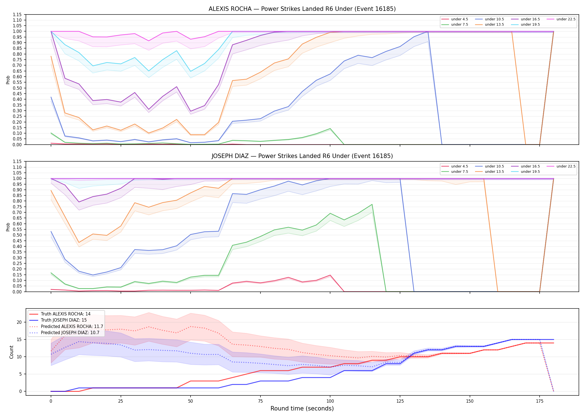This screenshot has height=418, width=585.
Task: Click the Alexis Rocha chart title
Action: coord(302,9)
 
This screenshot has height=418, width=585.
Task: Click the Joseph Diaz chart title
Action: coord(302,156)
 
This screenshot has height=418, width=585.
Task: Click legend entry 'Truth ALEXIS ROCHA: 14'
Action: coord(65,314)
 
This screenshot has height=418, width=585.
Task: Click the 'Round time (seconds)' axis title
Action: coord(302,409)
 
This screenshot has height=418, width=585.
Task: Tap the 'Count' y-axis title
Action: coord(11,352)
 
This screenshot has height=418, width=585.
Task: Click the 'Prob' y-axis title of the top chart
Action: coord(8,80)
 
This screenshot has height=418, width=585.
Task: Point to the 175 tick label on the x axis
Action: coord(540,401)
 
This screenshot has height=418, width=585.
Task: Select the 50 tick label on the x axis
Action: coord(190,401)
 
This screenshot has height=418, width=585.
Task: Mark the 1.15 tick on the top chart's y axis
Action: coord(17,14)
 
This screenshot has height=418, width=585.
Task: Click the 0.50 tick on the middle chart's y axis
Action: coord(17,235)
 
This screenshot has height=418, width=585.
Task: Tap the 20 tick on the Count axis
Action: coord(19,322)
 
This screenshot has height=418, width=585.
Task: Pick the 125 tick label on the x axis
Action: coord(400,401)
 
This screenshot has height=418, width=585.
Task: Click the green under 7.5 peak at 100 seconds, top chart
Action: coord(330,128)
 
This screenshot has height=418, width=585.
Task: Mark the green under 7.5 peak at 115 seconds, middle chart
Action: coord(372,205)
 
